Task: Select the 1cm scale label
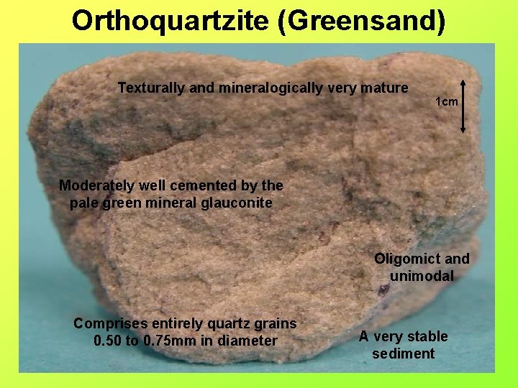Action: (447, 102)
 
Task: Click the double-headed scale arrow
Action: (463, 106)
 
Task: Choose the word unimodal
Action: (422, 276)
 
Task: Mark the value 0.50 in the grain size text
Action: (109, 341)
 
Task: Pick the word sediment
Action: (403, 354)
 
